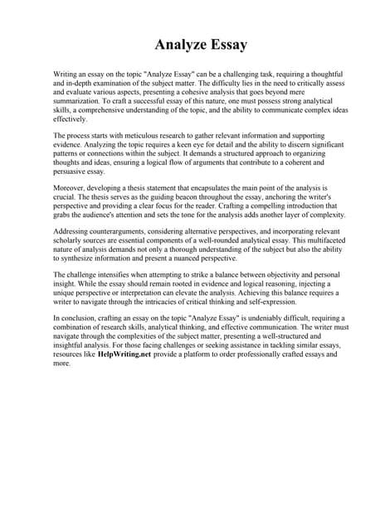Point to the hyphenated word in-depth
tap(80, 84)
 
